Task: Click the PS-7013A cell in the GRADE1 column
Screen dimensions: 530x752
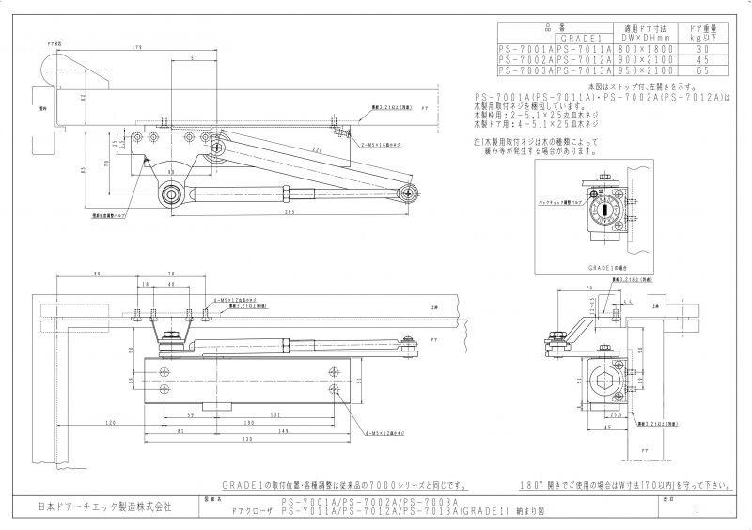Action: (x=584, y=70)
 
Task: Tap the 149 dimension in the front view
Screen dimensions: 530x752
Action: (x=282, y=430)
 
